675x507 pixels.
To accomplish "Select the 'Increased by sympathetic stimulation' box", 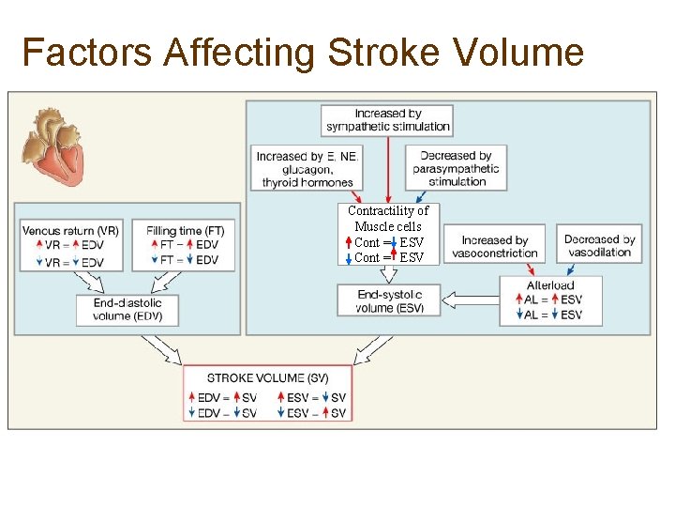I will (388, 120).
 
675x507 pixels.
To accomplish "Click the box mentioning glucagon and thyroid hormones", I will (307, 169).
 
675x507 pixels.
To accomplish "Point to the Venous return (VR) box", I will (70, 244).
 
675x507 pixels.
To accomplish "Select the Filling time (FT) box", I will (185, 244).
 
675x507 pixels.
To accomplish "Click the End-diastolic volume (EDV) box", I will (127, 310).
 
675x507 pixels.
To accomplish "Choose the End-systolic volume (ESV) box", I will (388, 300).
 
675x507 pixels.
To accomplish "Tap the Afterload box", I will (550, 300).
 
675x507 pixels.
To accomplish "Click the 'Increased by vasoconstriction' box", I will (494, 246).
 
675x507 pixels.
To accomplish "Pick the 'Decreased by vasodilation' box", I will (599, 246).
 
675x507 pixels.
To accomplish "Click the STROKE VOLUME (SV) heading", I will (267, 377).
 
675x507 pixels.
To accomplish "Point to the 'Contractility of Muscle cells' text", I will (388, 218).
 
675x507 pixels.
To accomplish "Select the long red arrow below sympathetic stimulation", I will (388, 169).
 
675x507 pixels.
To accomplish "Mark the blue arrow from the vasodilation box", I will (580, 269).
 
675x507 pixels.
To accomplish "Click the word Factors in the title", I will (87, 53).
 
